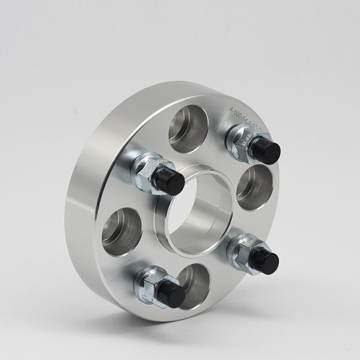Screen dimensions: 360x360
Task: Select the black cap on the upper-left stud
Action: (171, 181)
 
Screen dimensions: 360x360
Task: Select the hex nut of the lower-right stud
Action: (241, 249)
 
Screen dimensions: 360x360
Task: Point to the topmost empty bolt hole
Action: (189, 128)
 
